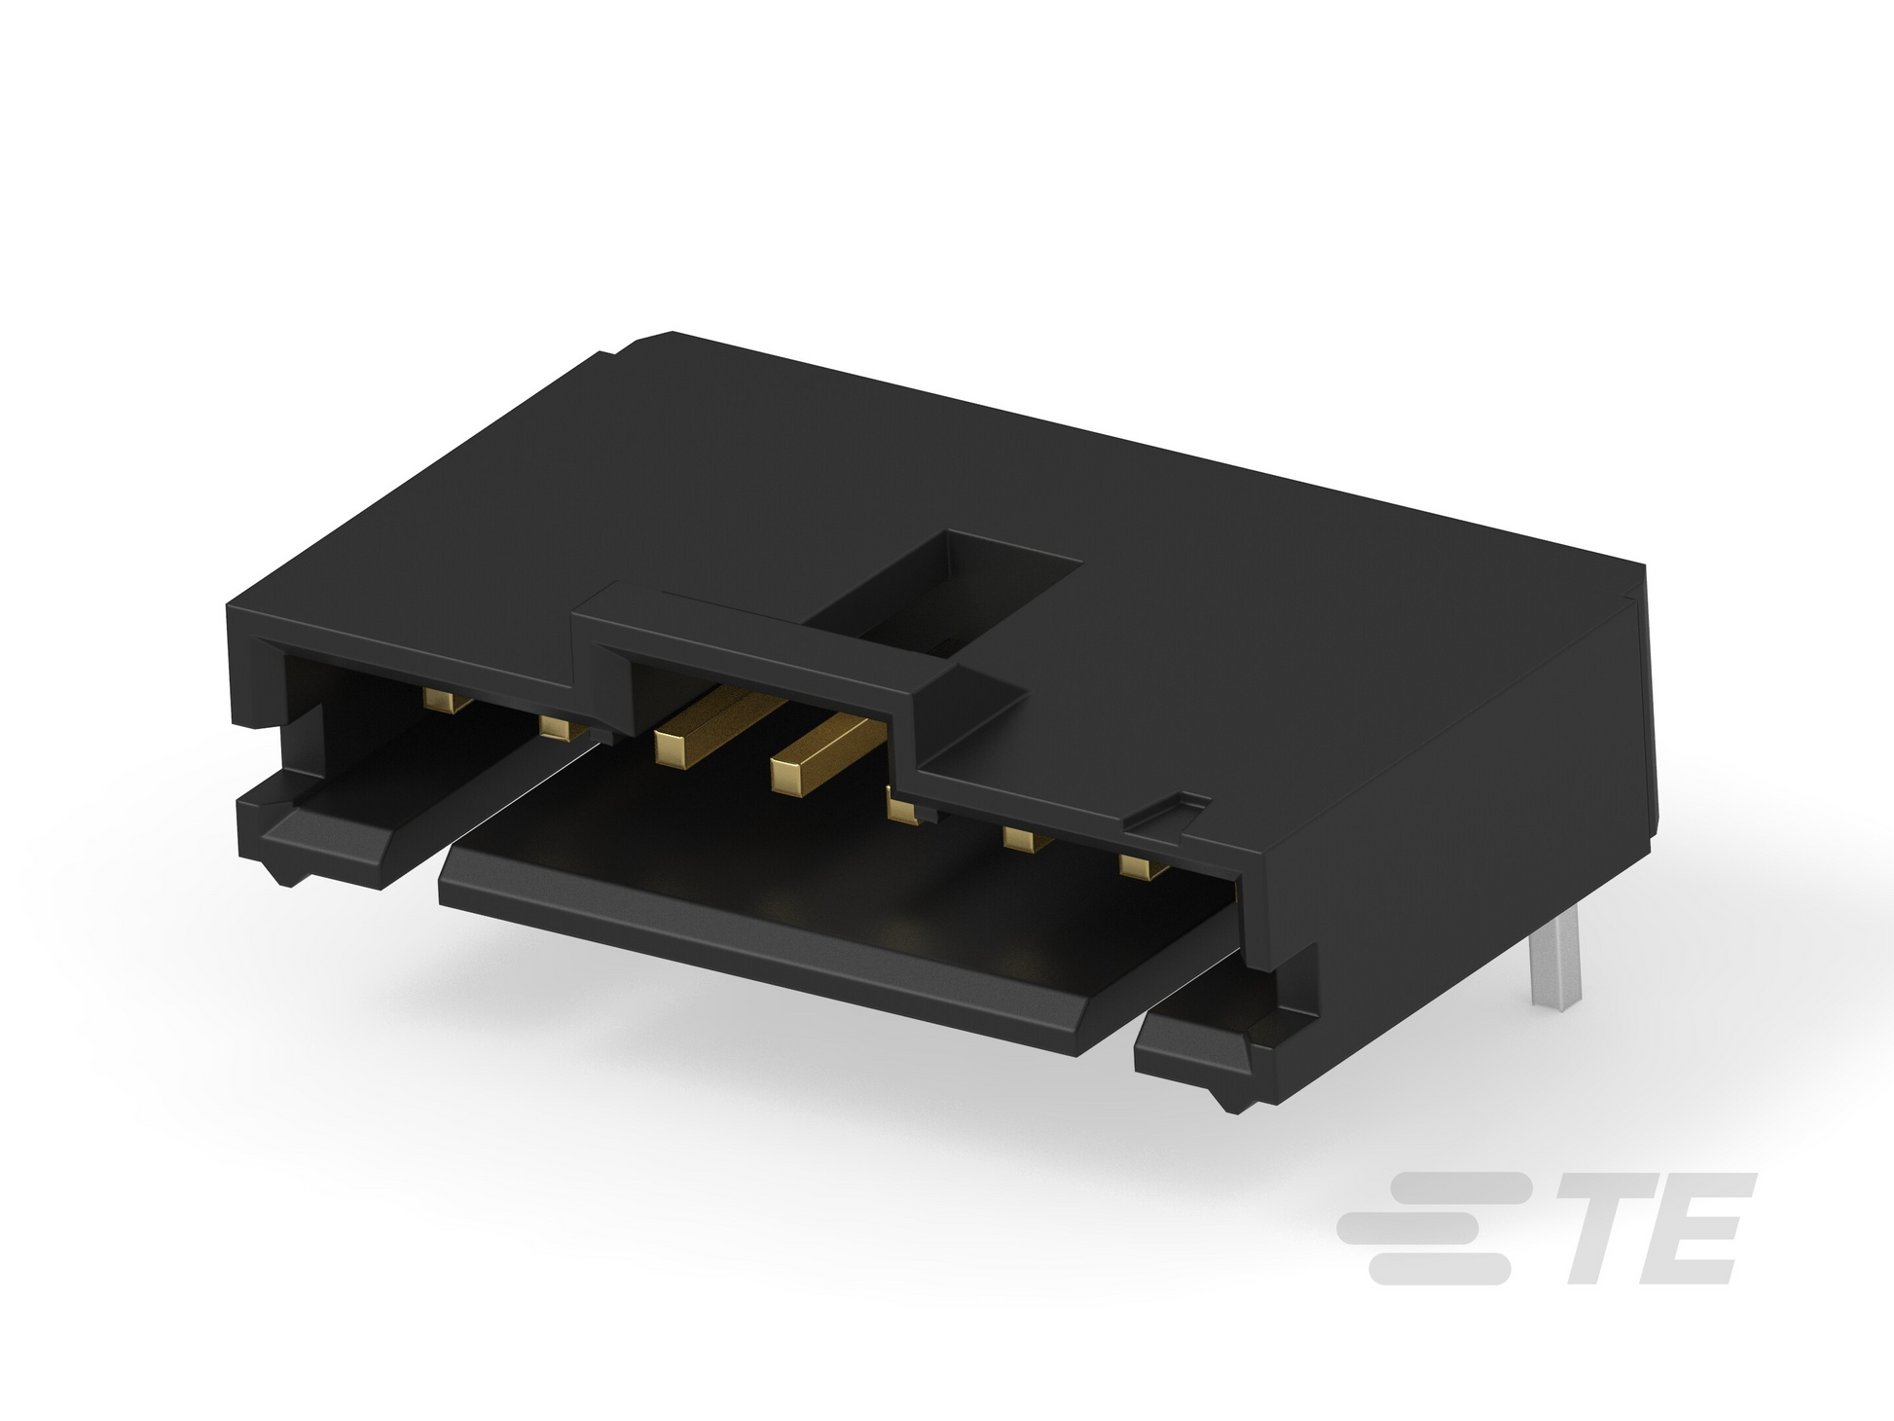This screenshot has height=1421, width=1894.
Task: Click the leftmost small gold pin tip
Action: tap(447, 701)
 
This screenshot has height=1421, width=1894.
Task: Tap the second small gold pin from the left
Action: tap(562, 727)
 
